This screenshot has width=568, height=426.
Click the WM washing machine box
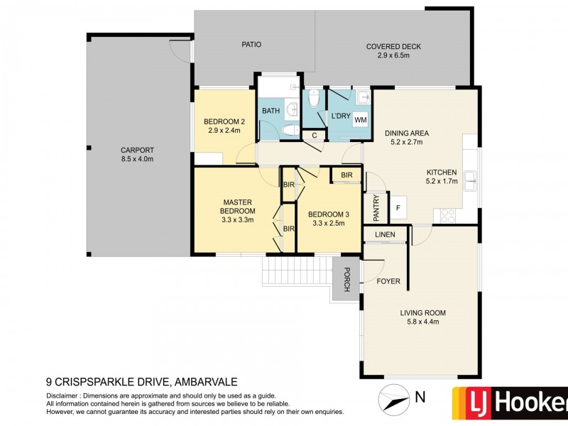360,121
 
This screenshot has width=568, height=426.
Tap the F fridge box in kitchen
398,208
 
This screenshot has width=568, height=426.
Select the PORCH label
346,278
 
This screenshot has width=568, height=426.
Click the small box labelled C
313,135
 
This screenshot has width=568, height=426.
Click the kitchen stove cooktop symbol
448,215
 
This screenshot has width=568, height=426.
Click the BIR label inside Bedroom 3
346,175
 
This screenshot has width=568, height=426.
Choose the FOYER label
388,281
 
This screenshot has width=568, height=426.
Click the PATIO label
251,44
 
